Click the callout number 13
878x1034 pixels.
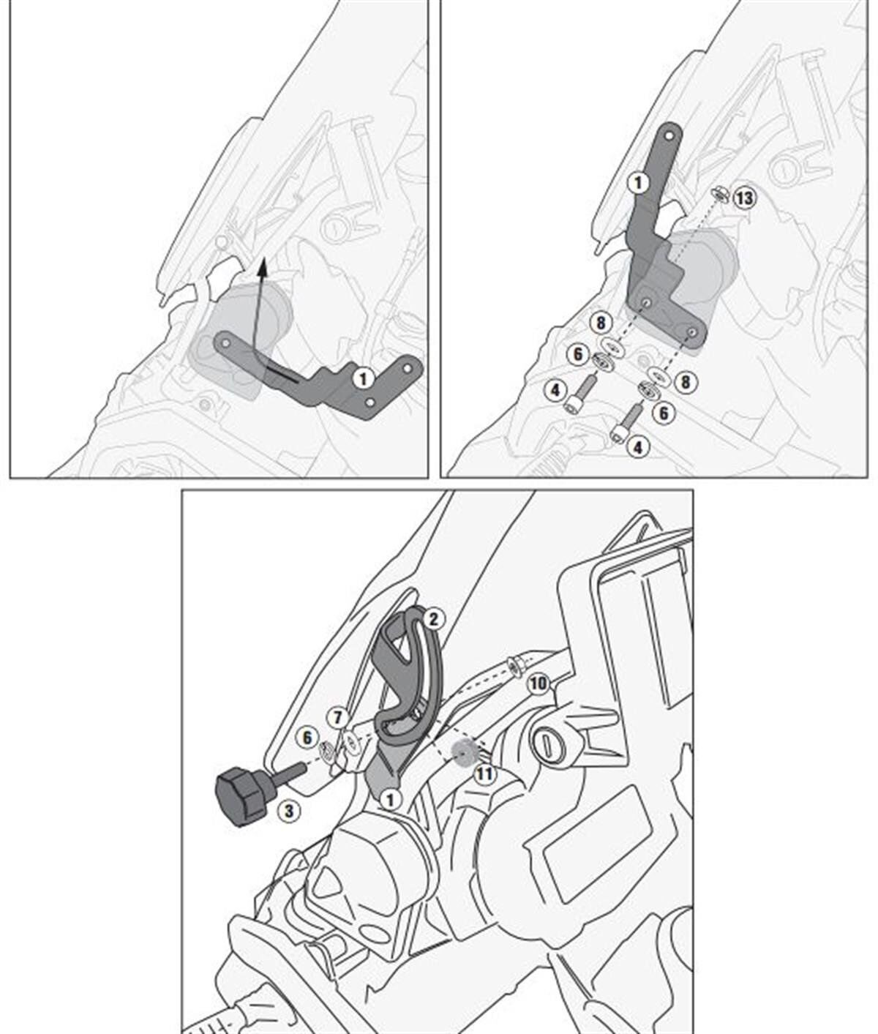click(744, 198)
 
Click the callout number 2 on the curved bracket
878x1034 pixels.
click(432, 619)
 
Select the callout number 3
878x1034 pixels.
click(288, 810)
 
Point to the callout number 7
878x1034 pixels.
click(337, 718)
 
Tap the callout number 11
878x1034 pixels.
click(484, 773)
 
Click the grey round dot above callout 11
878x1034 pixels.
click(462, 752)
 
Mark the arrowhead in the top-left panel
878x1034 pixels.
click(263, 264)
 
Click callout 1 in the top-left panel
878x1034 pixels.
click(363, 378)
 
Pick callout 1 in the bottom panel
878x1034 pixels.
click(391, 799)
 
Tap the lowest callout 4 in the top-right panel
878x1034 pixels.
click(639, 446)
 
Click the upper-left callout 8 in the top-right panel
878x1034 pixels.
click(601, 322)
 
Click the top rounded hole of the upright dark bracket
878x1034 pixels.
click(668, 135)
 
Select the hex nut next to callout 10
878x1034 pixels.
click(515, 664)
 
